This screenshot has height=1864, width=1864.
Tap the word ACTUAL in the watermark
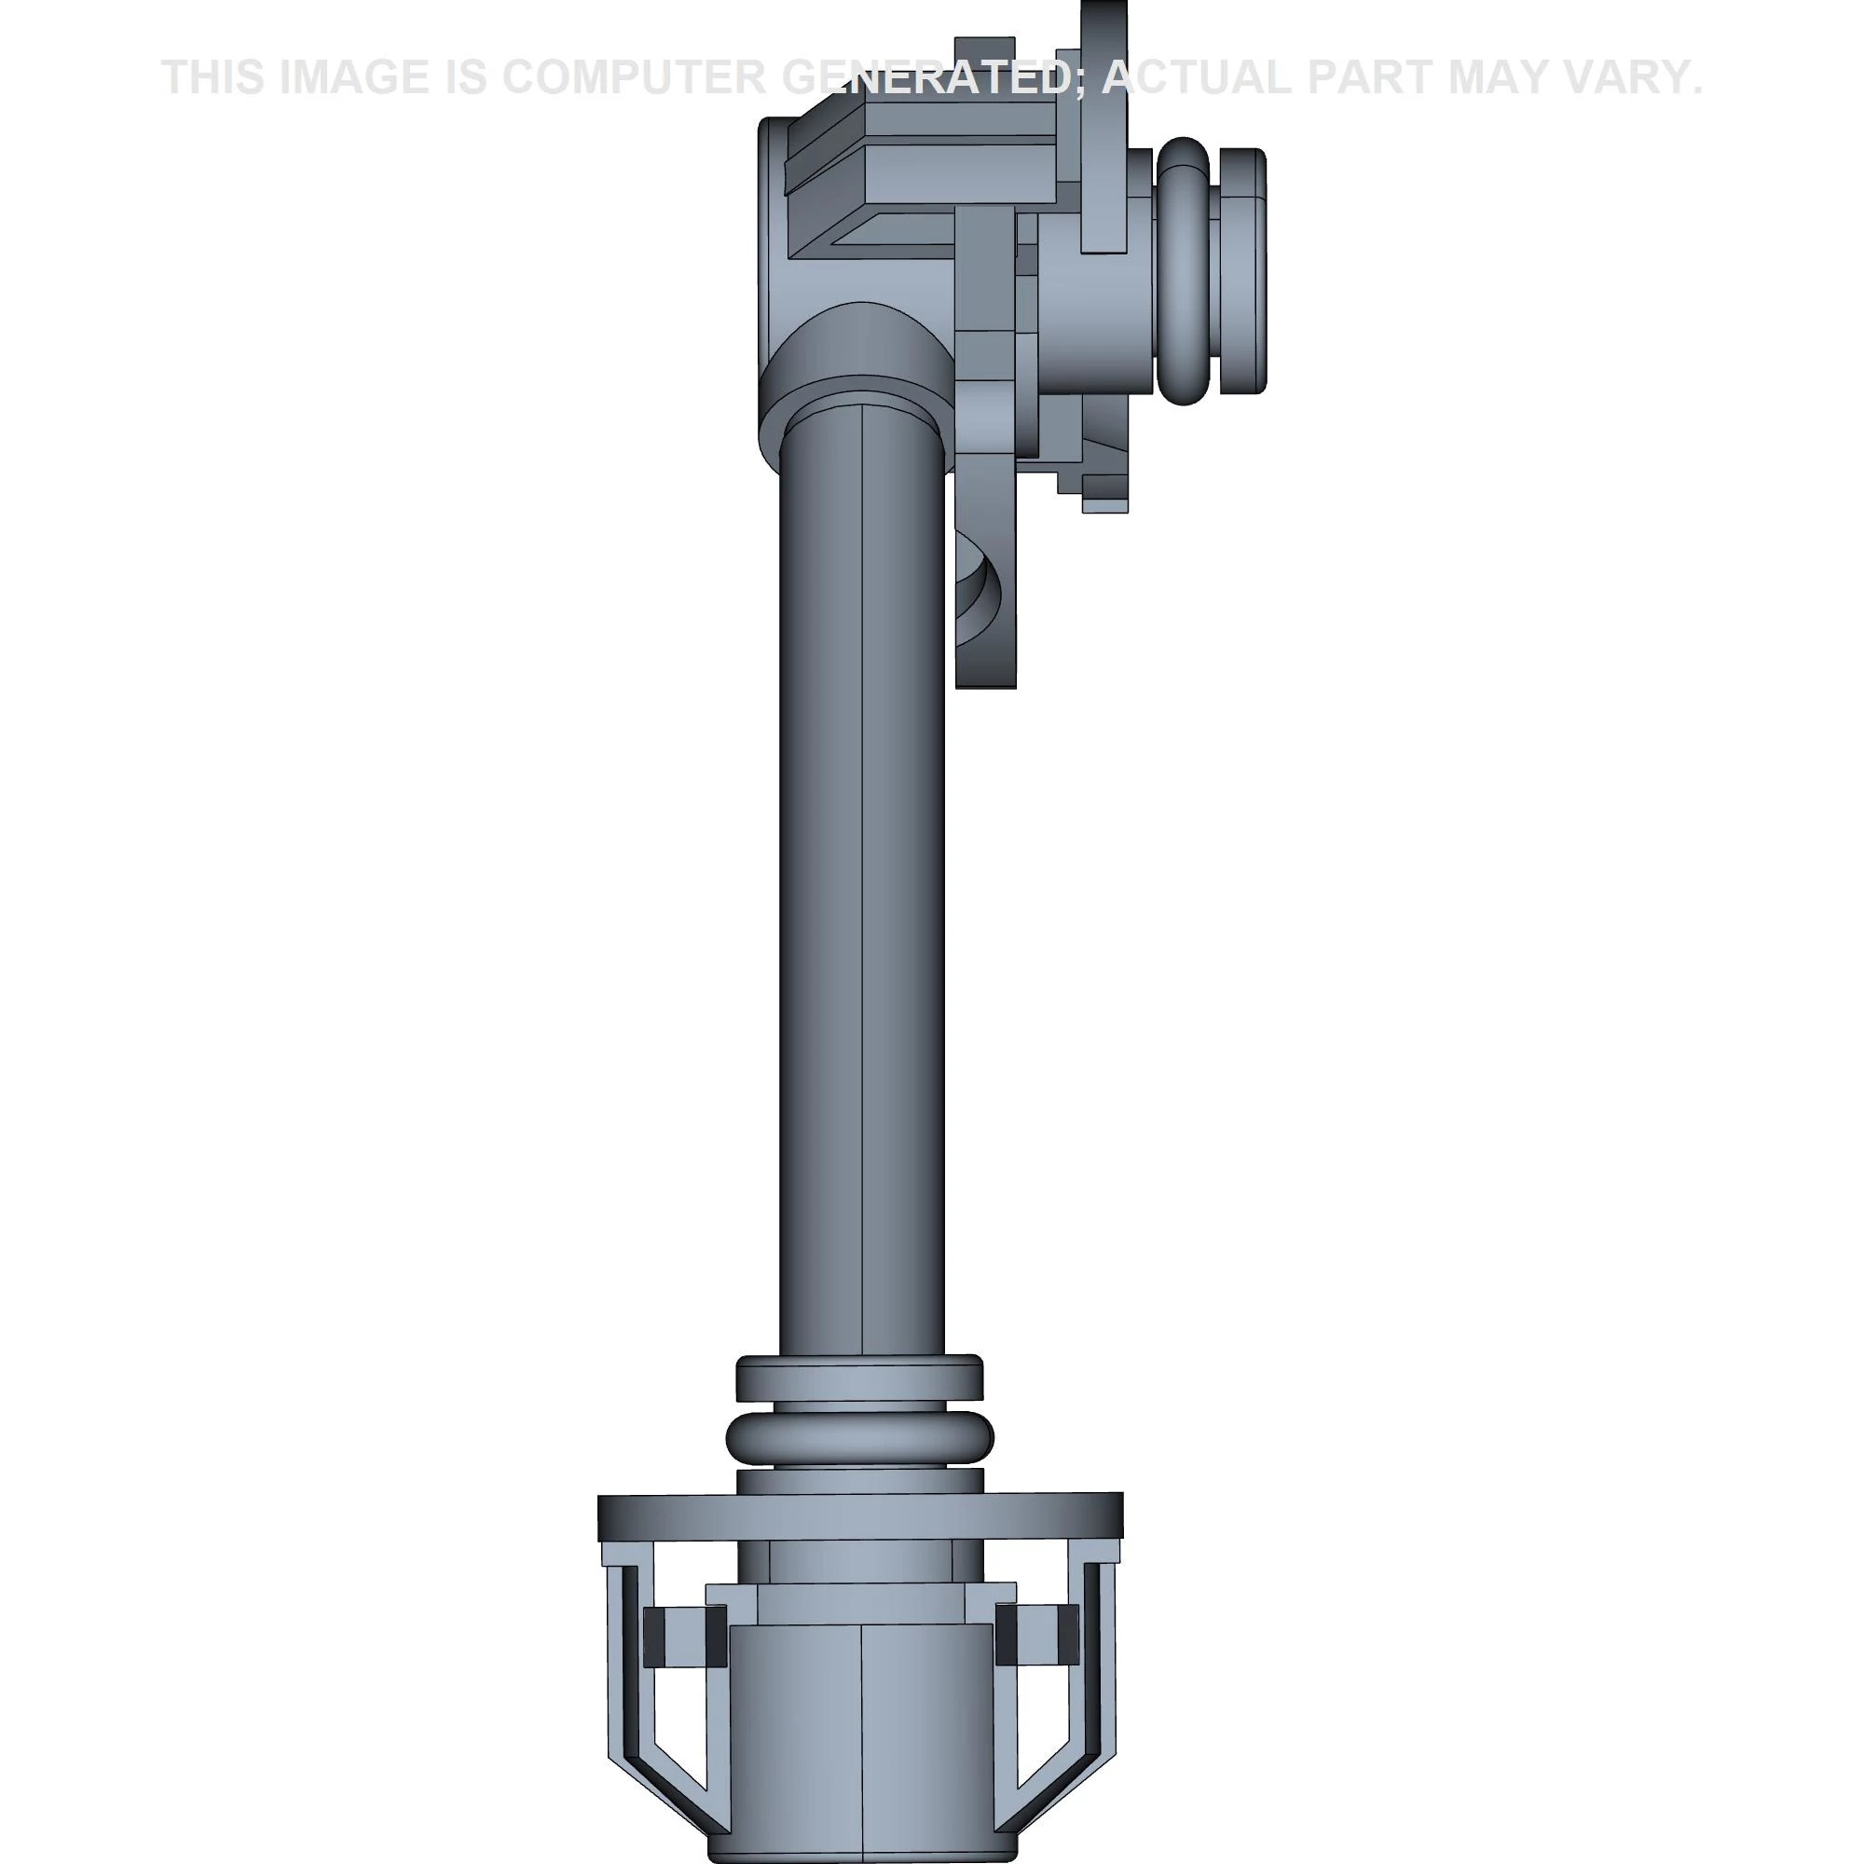1196,77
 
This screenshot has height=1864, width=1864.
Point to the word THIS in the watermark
213,77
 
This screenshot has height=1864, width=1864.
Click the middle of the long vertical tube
861,869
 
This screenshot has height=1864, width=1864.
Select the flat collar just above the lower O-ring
858,1378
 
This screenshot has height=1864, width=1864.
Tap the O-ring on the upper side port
1184,270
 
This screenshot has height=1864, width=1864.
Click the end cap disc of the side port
1242,270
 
